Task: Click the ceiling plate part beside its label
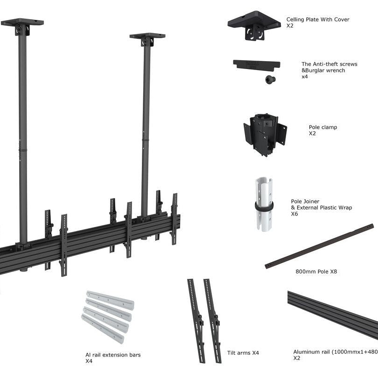[254, 25]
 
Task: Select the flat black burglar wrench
[256, 64]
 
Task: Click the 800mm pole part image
[319, 246]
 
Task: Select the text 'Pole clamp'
[322, 127]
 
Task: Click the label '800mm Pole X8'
[316, 271]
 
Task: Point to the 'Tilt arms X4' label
[243, 353]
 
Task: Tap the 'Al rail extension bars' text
[112, 355]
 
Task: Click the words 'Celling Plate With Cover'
[317, 20]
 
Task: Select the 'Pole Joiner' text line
[305, 202]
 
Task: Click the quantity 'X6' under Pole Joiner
[294, 214]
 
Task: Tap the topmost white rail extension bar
[110, 300]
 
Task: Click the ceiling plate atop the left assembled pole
[22, 23]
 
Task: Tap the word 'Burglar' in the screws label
[318, 70]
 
